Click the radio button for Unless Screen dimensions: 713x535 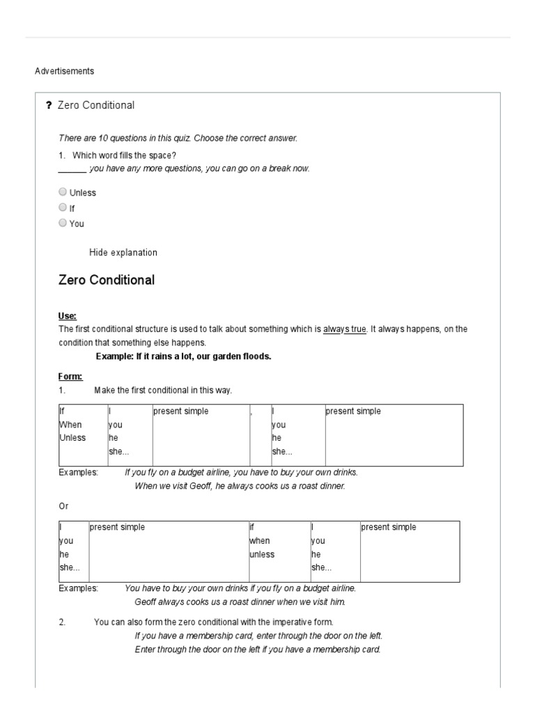click(63, 192)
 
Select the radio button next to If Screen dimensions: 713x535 click(63, 207)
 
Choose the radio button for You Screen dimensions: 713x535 click(63, 223)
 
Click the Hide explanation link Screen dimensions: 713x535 click(123, 253)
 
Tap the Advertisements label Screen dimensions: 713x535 click(64, 71)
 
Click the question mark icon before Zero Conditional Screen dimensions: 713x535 click(48, 106)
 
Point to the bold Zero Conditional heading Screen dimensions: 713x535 click(107, 281)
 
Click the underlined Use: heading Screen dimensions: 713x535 click(68, 316)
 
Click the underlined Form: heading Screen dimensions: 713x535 click(70, 377)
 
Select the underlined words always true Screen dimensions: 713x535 click(344, 329)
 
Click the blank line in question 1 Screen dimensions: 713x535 click(72, 169)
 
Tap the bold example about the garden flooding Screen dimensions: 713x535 click(183, 356)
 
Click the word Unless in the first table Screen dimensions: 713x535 click(72, 438)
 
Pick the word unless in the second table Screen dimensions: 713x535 click(262, 554)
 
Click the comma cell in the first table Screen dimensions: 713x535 click(251, 412)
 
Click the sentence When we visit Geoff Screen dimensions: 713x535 click(240, 486)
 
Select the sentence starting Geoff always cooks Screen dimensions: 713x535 click(240, 602)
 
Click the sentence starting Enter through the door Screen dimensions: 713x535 click(257, 650)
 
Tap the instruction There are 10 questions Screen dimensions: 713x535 click(178, 139)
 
